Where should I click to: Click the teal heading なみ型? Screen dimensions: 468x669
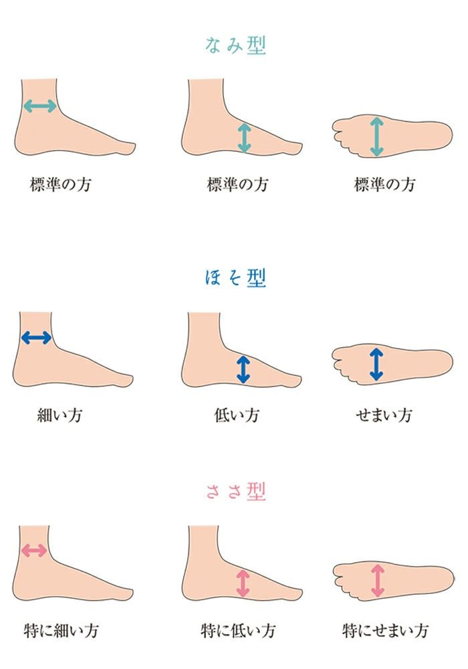point(235,45)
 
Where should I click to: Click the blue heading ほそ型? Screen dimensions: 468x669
point(235,278)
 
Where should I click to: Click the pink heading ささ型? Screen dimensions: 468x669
point(236,492)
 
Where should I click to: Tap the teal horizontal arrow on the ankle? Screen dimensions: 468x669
point(39,106)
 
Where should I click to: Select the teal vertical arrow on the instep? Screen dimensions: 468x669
point(244,138)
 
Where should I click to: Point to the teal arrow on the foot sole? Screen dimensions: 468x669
point(376,136)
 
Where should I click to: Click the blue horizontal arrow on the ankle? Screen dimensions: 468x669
point(36,338)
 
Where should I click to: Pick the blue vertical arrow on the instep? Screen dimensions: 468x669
point(243,369)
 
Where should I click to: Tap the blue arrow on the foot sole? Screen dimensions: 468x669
point(376,364)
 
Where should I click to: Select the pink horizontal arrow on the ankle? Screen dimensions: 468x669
point(34,551)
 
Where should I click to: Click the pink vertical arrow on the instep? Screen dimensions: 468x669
point(243,583)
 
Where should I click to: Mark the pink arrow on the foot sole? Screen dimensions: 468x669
point(378,580)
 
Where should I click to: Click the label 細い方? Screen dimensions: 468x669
point(60,415)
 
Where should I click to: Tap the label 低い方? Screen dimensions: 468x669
point(237,415)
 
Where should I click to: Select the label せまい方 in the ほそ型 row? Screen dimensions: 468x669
point(384,415)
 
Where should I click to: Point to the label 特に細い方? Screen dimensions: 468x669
point(61,631)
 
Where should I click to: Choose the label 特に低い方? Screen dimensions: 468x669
point(238,631)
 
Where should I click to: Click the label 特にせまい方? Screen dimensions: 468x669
point(385,631)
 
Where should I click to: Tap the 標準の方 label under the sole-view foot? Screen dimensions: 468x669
point(384,185)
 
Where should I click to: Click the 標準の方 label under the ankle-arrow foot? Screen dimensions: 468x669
point(60,185)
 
